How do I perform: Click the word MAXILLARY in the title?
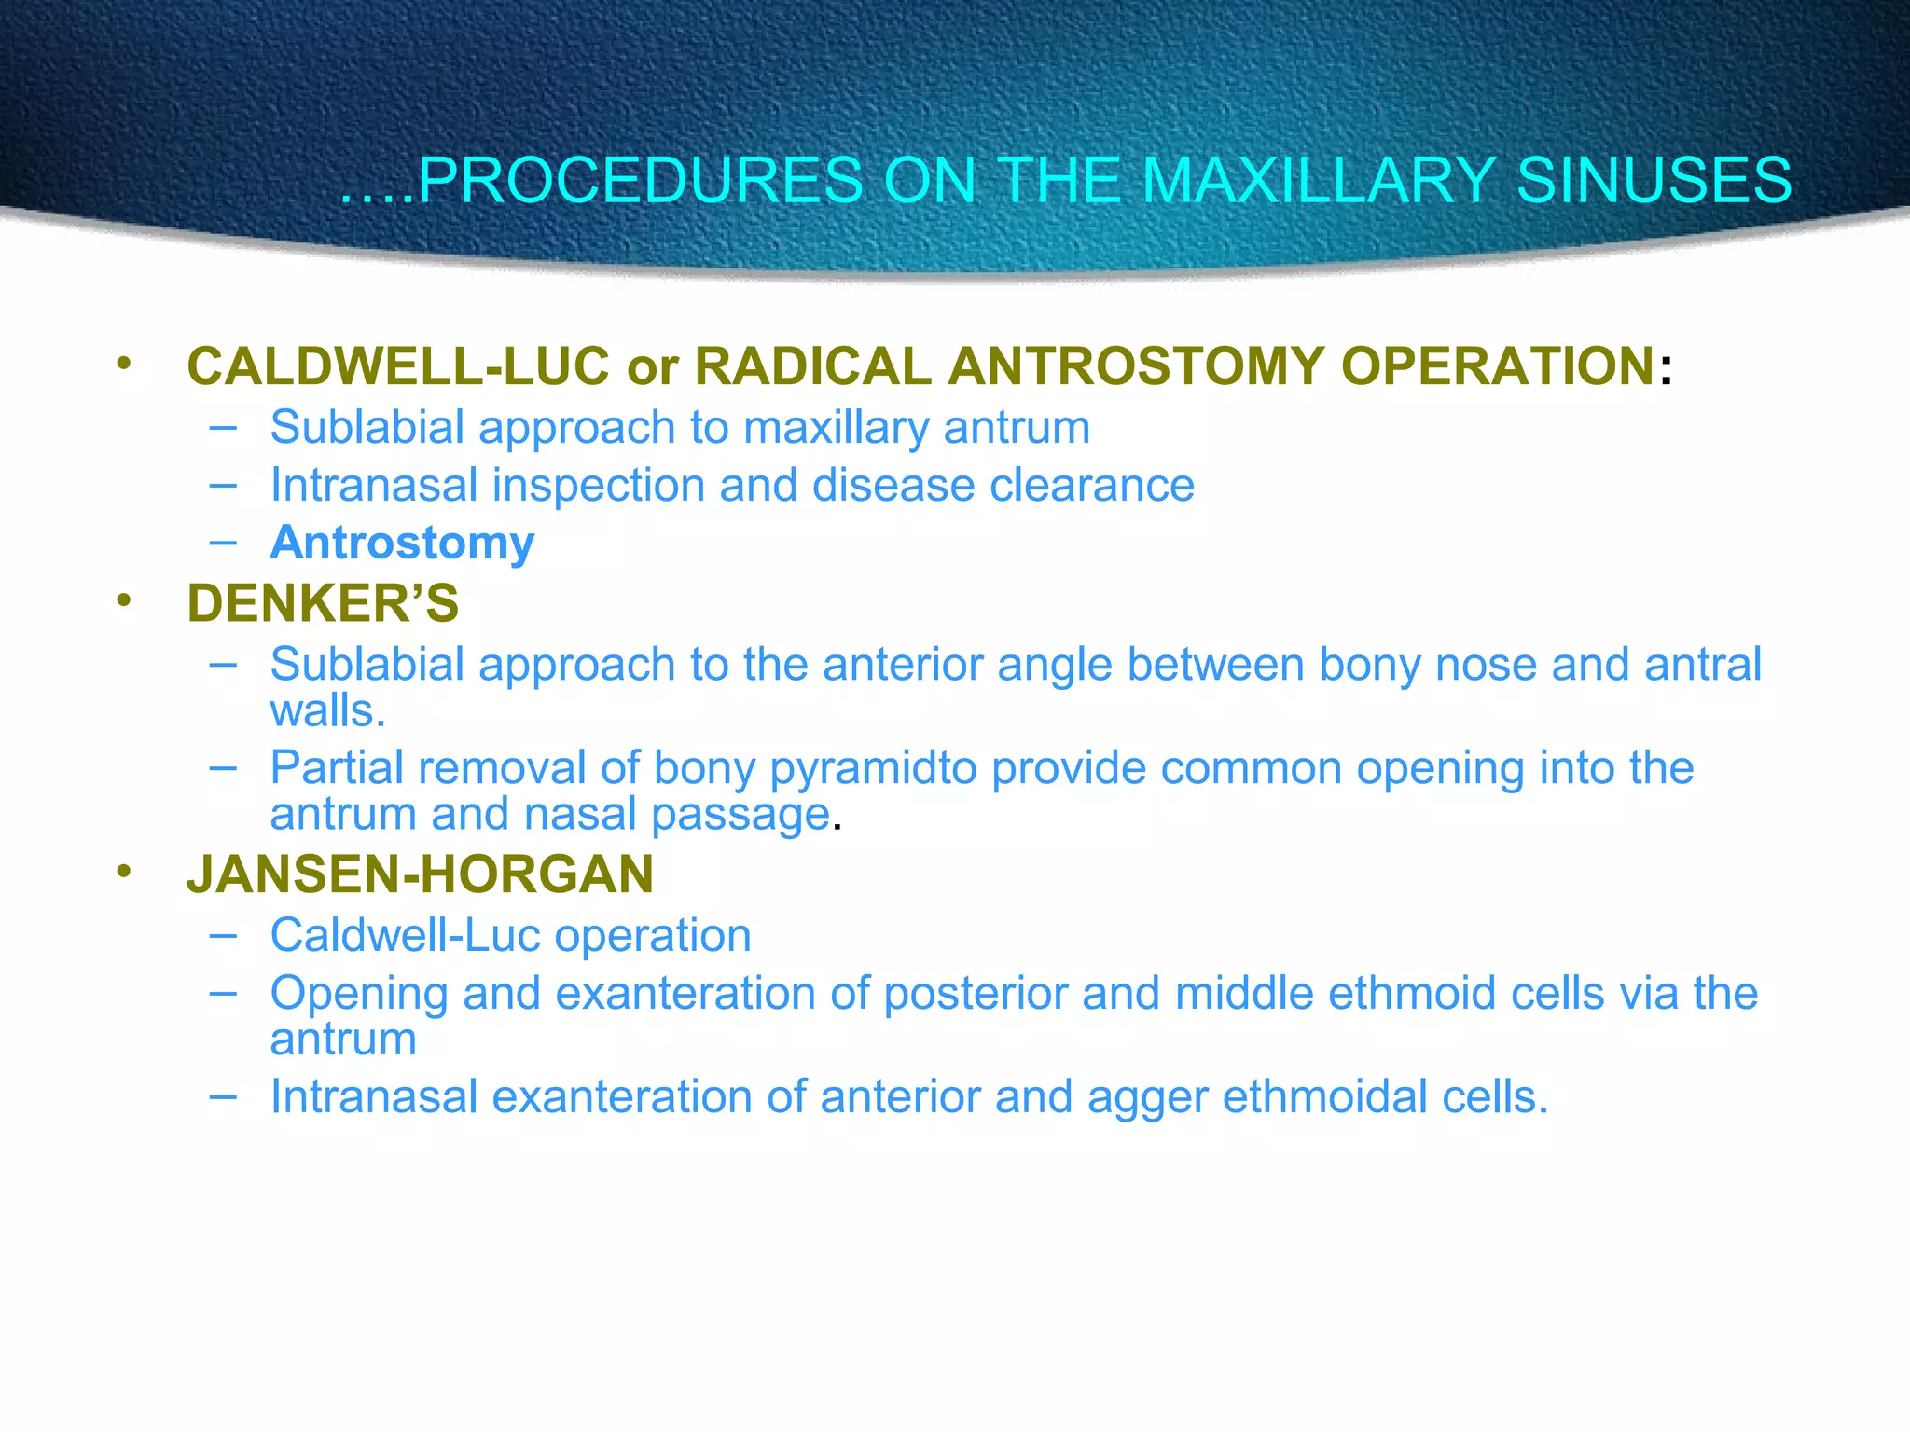tap(1317, 180)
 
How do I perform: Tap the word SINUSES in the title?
tap(1654, 180)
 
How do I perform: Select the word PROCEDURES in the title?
tap(640, 180)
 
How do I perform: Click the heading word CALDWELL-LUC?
tap(398, 365)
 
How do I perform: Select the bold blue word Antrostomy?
tap(402, 543)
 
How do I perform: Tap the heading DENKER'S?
tap(323, 603)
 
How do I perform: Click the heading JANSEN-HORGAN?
tap(420, 874)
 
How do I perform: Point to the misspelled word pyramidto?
tap(873, 769)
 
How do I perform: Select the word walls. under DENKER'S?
tap(326, 712)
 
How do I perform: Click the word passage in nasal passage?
tap(740, 815)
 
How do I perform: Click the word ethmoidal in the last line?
tap(1325, 1097)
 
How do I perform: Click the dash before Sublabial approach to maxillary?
tap(223, 427)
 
